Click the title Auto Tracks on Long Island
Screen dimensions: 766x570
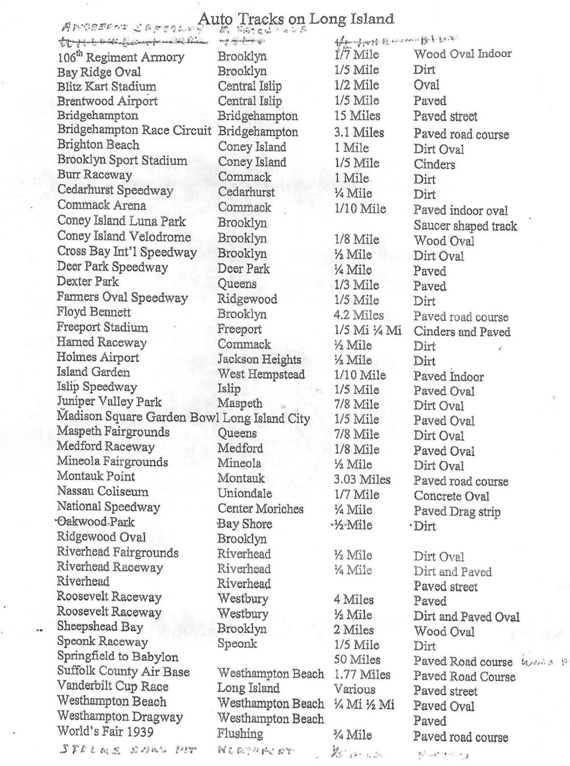tap(296, 18)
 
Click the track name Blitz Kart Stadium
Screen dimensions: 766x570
tap(107, 87)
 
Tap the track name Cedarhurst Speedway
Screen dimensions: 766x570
tap(115, 190)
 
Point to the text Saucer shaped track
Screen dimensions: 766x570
tap(465, 226)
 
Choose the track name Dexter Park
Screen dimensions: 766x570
tap(88, 282)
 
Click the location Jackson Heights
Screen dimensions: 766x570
tap(259, 359)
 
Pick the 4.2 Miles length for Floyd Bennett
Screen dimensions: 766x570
tap(358, 315)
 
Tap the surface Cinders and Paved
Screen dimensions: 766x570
tap(462, 332)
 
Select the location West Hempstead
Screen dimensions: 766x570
tap(261, 374)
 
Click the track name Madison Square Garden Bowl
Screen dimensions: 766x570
tap(138, 417)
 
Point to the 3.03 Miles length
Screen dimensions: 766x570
tap(362, 479)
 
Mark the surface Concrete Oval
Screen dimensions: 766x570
tap(451, 496)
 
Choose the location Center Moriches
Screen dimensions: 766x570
tap(260, 509)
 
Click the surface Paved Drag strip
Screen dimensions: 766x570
tap(457, 511)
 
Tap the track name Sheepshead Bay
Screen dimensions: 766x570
tap(100, 627)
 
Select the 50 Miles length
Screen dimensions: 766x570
tap(357, 659)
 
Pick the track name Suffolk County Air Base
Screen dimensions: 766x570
tap(123, 672)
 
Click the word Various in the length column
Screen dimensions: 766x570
tap(354, 689)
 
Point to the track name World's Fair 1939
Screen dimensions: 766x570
tap(105, 731)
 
